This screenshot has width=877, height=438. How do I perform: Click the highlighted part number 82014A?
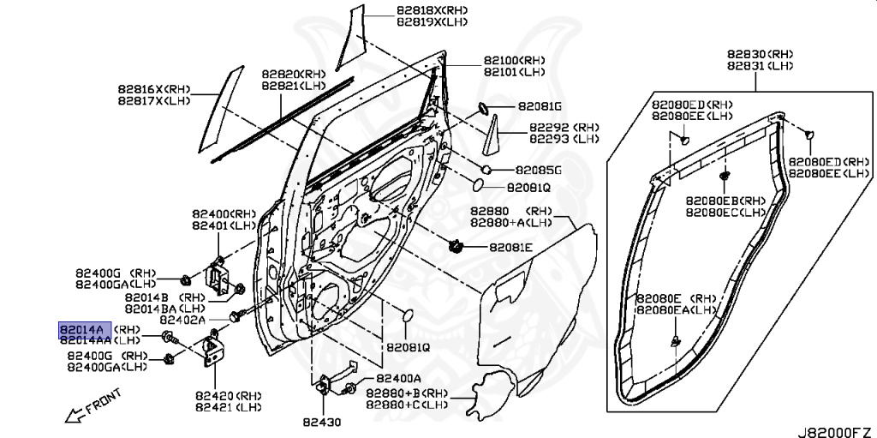[x=85, y=330]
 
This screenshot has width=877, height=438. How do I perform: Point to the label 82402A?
[x=182, y=320]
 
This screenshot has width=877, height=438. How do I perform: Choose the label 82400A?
[x=399, y=378]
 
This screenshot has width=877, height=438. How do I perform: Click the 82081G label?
[x=540, y=106]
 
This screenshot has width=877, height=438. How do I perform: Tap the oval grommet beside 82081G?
[x=483, y=107]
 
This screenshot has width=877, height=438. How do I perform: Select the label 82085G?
[x=539, y=171]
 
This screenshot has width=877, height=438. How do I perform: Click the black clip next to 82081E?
[x=457, y=245]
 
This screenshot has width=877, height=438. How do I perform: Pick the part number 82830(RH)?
[x=761, y=54]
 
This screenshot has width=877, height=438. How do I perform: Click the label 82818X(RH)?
[x=432, y=10]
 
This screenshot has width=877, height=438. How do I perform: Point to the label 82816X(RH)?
[x=154, y=89]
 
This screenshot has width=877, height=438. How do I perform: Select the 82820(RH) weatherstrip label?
[x=294, y=74]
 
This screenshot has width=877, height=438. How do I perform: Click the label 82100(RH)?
[x=515, y=60]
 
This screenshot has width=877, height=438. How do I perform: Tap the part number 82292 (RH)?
[x=564, y=128]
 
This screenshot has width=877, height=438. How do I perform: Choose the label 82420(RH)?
[x=228, y=396]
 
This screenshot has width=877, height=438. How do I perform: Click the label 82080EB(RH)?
[x=725, y=201]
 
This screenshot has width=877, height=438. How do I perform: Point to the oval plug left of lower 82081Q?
[x=408, y=316]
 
